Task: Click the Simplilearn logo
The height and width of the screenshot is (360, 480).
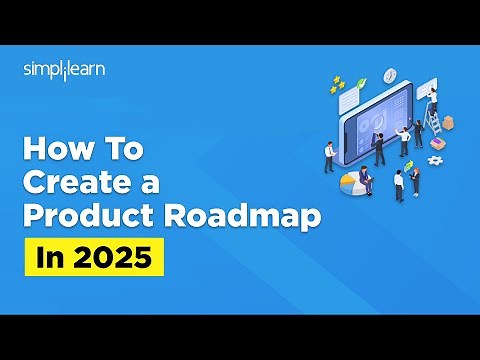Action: pos(64,71)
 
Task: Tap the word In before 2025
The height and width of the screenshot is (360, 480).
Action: pos(48,257)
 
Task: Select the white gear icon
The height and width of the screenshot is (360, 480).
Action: pos(435,160)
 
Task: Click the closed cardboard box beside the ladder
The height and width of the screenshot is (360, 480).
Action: pos(449,122)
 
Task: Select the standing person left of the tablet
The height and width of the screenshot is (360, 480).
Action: pos(329,155)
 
